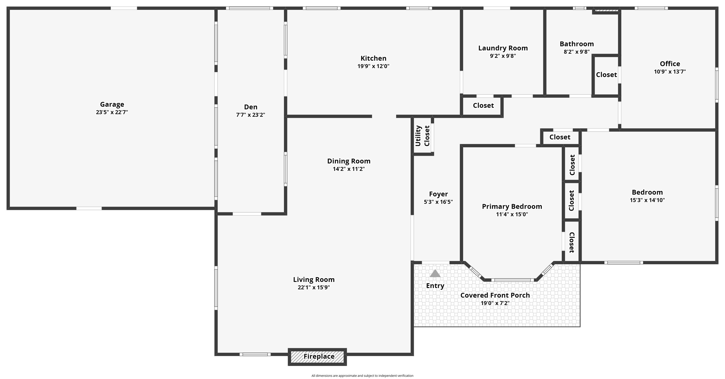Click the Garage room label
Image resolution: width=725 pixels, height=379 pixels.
pyautogui.click(x=112, y=104)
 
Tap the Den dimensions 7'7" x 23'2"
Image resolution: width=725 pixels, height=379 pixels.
pyautogui.click(x=250, y=115)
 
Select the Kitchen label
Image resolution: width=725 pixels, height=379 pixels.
pyautogui.click(x=374, y=58)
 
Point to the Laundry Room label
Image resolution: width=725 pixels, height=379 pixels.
pyautogui.click(x=503, y=48)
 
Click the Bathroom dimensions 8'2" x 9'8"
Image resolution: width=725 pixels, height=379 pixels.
pyautogui.click(x=577, y=52)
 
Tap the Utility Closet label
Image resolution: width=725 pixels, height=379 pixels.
pyautogui.click(x=422, y=136)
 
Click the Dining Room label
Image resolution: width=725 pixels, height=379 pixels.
pyautogui.click(x=349, y=161)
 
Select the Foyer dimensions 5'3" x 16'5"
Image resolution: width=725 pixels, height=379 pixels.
pyautogui.click(x=438, y=202)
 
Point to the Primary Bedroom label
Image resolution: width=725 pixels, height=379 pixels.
pyautogui.click(x=512, y=206)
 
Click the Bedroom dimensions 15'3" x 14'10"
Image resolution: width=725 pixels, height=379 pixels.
pyautogui.click(x=647, y=200)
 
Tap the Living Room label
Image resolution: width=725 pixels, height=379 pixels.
pyautogui.click(x=314, y=280)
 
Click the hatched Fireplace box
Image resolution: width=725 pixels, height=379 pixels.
pyautogui.click(x=317, y=357)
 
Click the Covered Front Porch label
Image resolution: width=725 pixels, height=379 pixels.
pyautogui.click(x=495, y=295)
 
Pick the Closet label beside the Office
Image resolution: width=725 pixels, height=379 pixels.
pyautogui.click(x=606, y=75)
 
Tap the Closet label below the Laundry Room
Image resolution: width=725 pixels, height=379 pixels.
pyautogui.click(x=483, y=105)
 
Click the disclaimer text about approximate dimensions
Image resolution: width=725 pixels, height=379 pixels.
pyautogui.click(x=362, y=376)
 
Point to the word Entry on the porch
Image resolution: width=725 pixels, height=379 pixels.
pyautogui.click(x=435, y=286)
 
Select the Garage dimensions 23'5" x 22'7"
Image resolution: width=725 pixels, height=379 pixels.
pyautogui.click(x=112, y=112)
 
